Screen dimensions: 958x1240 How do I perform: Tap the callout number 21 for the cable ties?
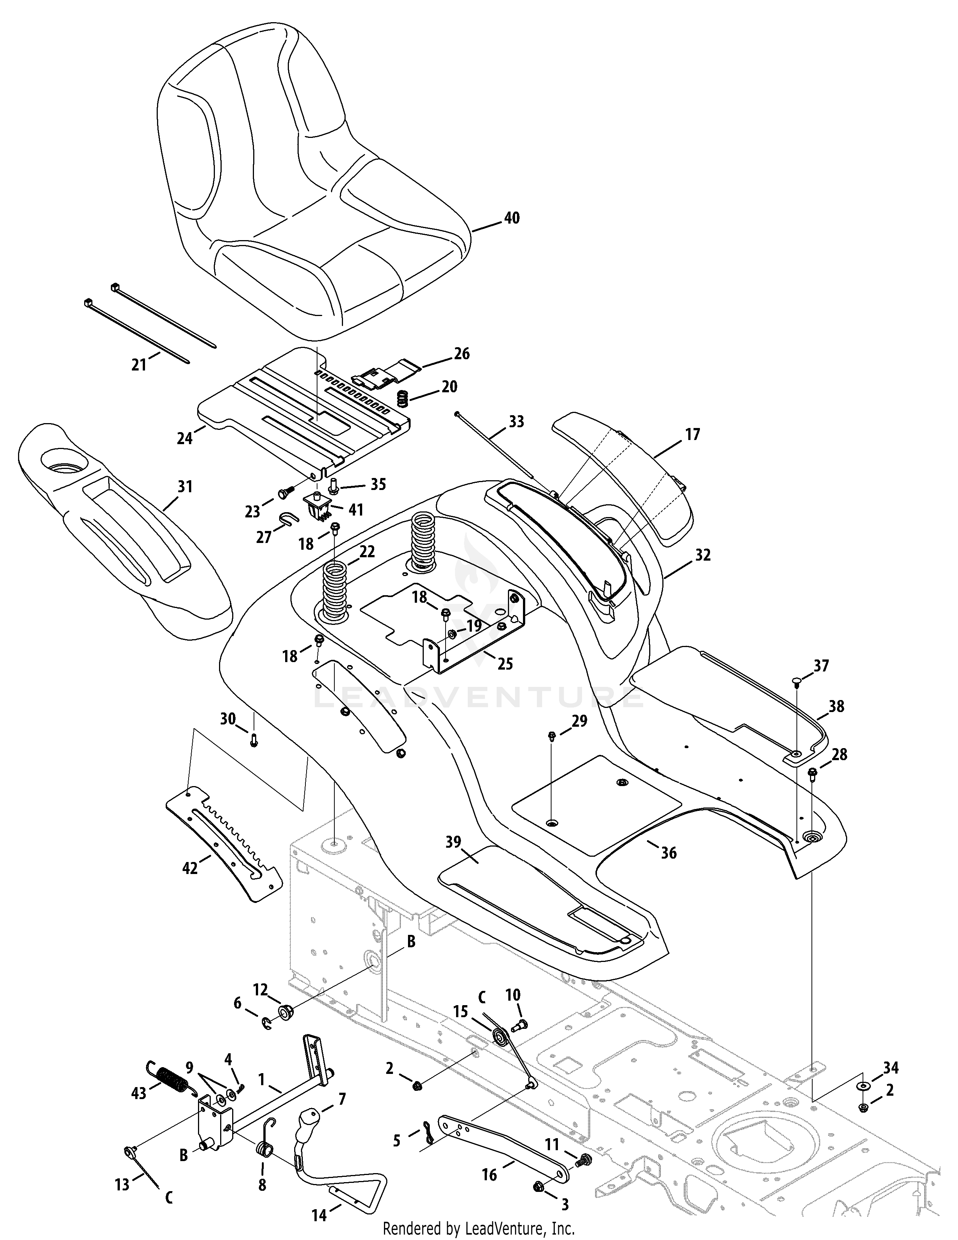tap(139, 364)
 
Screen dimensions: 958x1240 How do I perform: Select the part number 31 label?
tap(185, 487)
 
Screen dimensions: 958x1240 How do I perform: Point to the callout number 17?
tap(693, 434)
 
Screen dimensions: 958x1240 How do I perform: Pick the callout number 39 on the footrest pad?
tap(453, 842)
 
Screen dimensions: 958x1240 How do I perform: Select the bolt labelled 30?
tap(254, 740)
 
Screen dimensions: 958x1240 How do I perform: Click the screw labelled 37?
tap(797, 682)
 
